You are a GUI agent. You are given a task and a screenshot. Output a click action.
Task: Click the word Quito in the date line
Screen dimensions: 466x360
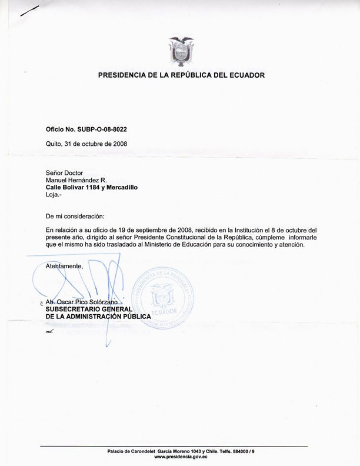coord(55,144)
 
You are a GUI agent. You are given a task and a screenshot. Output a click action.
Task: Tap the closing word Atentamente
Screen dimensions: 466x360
coord(64,267)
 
